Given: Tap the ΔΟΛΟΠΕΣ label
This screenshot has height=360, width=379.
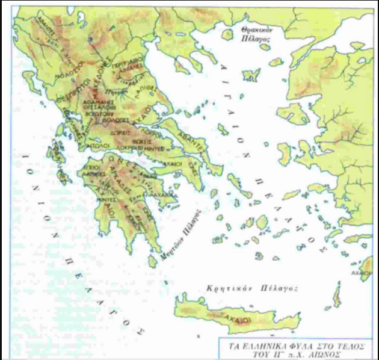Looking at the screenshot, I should click(110, 119).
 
